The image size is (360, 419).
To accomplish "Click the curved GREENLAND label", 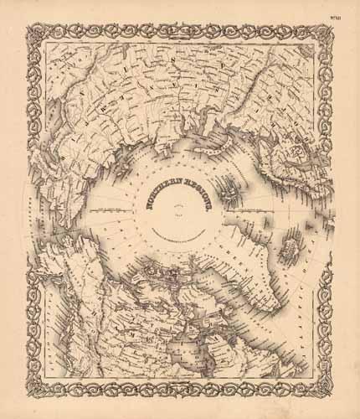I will pyautogui.click(x=243, y=251).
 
